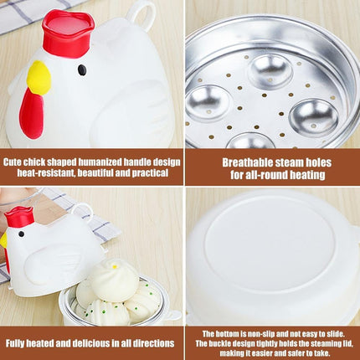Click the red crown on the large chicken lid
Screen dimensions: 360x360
coord(68,33)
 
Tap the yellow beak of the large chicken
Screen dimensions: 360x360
coord(39,77)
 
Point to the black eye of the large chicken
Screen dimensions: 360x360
coord(82,70)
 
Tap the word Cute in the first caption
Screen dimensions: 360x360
coord(13,162)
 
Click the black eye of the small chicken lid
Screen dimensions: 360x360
coord(21,234)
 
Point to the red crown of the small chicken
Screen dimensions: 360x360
coord(19,217)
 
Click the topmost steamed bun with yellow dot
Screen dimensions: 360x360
coord(114,280)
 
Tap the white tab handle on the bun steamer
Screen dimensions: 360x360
coord(172,315)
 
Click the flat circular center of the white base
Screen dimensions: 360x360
coord(269,245)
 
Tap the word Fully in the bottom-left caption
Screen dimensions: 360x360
coord(16,343)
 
